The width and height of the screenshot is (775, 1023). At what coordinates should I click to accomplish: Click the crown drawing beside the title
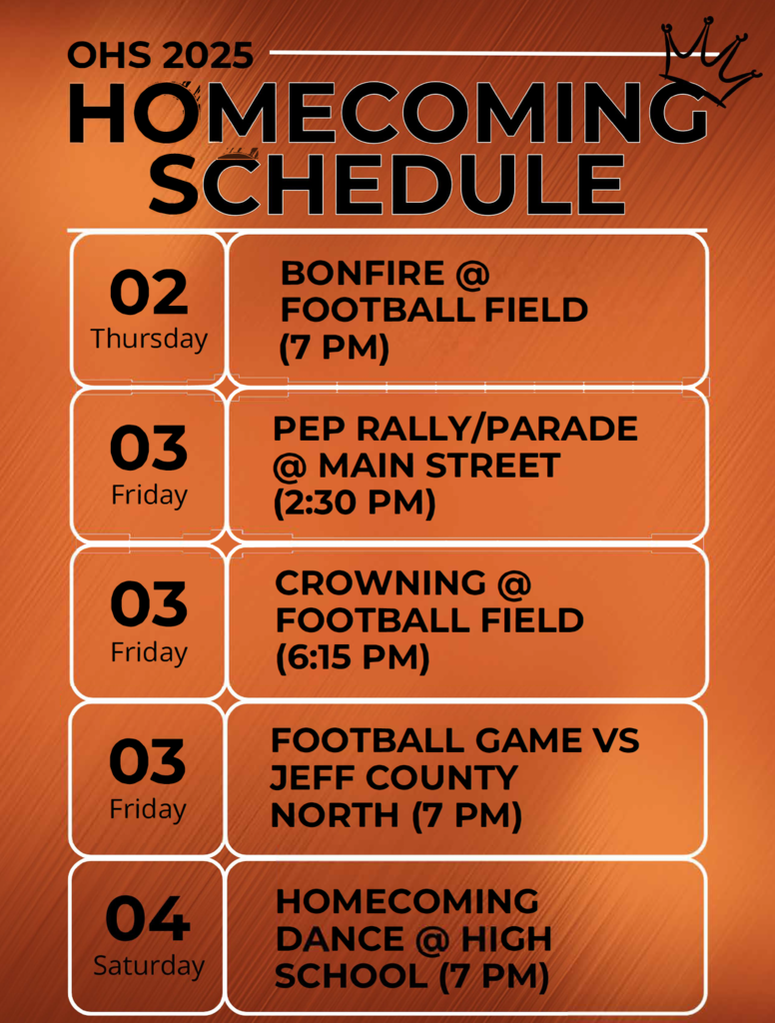710,62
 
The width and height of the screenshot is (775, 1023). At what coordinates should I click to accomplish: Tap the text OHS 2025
161,55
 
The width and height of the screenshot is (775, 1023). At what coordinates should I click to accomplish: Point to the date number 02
149,293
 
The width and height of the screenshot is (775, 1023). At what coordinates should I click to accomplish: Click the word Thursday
149,339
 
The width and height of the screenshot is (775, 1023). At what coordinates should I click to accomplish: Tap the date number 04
148,919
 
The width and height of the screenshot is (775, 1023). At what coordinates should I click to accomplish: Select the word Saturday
149,966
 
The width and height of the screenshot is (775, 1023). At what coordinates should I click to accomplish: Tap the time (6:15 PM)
353,658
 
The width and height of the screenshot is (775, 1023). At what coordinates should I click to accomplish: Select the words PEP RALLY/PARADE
455,428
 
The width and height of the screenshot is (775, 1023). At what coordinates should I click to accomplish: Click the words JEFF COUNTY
393,777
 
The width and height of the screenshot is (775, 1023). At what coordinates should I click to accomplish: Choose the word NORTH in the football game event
335,815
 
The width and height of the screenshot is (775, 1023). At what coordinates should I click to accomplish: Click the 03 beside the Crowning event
149,604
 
